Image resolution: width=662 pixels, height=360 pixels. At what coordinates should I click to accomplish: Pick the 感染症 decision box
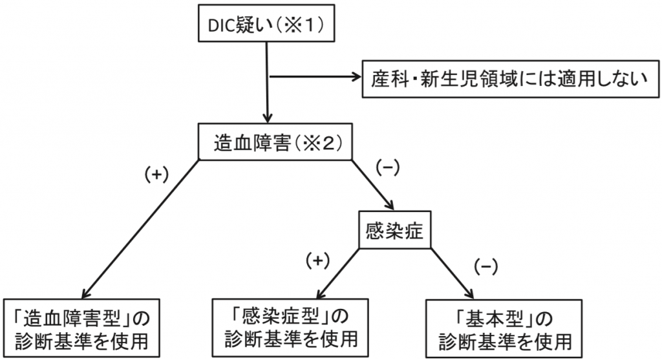pos(394,231)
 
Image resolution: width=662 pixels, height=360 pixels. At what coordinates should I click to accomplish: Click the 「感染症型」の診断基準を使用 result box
pos(291,326)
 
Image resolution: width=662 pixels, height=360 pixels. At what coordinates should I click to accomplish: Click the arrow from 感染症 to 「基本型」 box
pos(449,271)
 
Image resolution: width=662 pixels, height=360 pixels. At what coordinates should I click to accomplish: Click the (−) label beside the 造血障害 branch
pos(388,166)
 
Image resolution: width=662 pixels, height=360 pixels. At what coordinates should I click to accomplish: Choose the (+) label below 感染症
pos(317,260)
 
